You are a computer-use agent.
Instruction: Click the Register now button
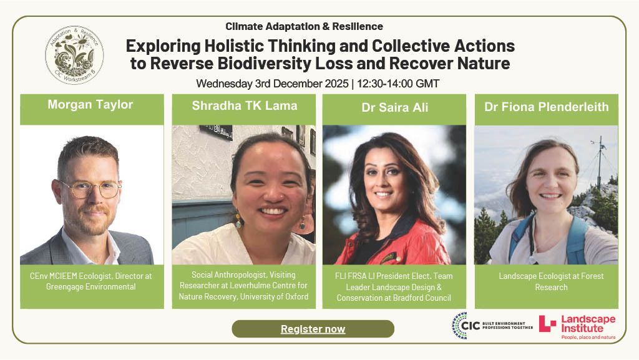click(313, 329)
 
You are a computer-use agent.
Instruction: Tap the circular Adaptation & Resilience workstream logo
click(74, 55)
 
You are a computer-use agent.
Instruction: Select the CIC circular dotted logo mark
click(460, 326)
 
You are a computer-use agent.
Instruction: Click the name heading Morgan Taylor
click(90, 105)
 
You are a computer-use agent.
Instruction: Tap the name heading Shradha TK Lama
click(244, 105)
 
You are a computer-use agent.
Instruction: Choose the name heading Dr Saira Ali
click(394, 107)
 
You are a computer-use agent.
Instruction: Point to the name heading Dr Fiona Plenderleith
click(546, 107)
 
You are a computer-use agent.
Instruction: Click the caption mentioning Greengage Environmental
click(91, 281)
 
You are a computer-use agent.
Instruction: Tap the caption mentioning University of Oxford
click(243, 286)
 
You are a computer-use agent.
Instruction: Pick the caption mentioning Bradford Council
click(394, 287)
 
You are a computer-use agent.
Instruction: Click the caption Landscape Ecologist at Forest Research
click(546, 281)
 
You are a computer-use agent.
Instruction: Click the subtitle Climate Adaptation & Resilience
click(304, 26)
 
